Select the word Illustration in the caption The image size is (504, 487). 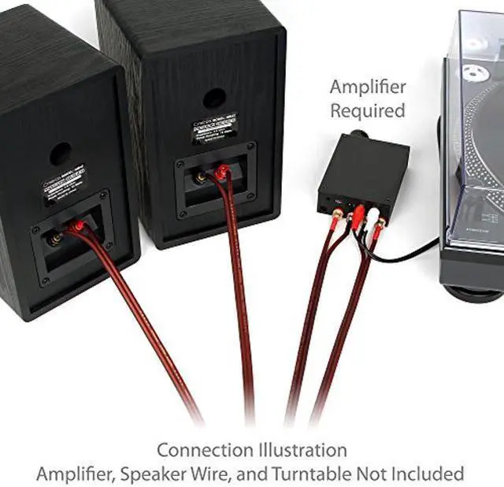pos(301,450)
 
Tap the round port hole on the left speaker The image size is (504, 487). pos(61,154)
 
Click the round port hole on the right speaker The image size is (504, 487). pos(213,99)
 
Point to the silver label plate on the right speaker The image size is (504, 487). pos(213,128)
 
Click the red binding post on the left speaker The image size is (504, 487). pos(75,227)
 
